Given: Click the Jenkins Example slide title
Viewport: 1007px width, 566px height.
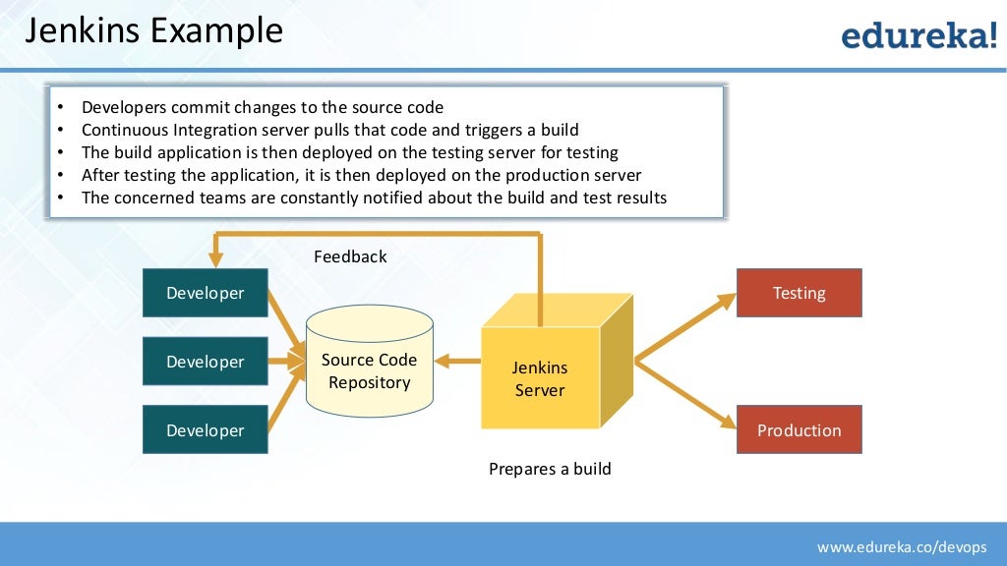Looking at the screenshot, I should (x=153, y=31).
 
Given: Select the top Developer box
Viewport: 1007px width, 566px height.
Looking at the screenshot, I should (x=205, y=293).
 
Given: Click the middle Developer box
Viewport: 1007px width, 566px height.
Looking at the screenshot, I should (x=205, y=362).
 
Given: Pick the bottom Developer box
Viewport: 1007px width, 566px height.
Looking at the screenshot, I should (x=205, y=430).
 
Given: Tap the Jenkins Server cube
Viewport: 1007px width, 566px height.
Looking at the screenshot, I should (x=540, y=378).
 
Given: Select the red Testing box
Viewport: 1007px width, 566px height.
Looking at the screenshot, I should (x=799, y=293).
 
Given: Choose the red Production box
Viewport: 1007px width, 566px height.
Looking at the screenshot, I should (x=799, y=430).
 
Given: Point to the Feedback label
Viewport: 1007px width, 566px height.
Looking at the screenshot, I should (x=350, y=256).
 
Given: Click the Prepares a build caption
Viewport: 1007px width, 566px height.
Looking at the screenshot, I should (x=550, y=469).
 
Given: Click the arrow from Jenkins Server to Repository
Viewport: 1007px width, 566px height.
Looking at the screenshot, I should (x=457, y=361).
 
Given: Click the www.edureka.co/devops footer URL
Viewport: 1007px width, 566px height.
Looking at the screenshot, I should (x=906, y=545).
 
